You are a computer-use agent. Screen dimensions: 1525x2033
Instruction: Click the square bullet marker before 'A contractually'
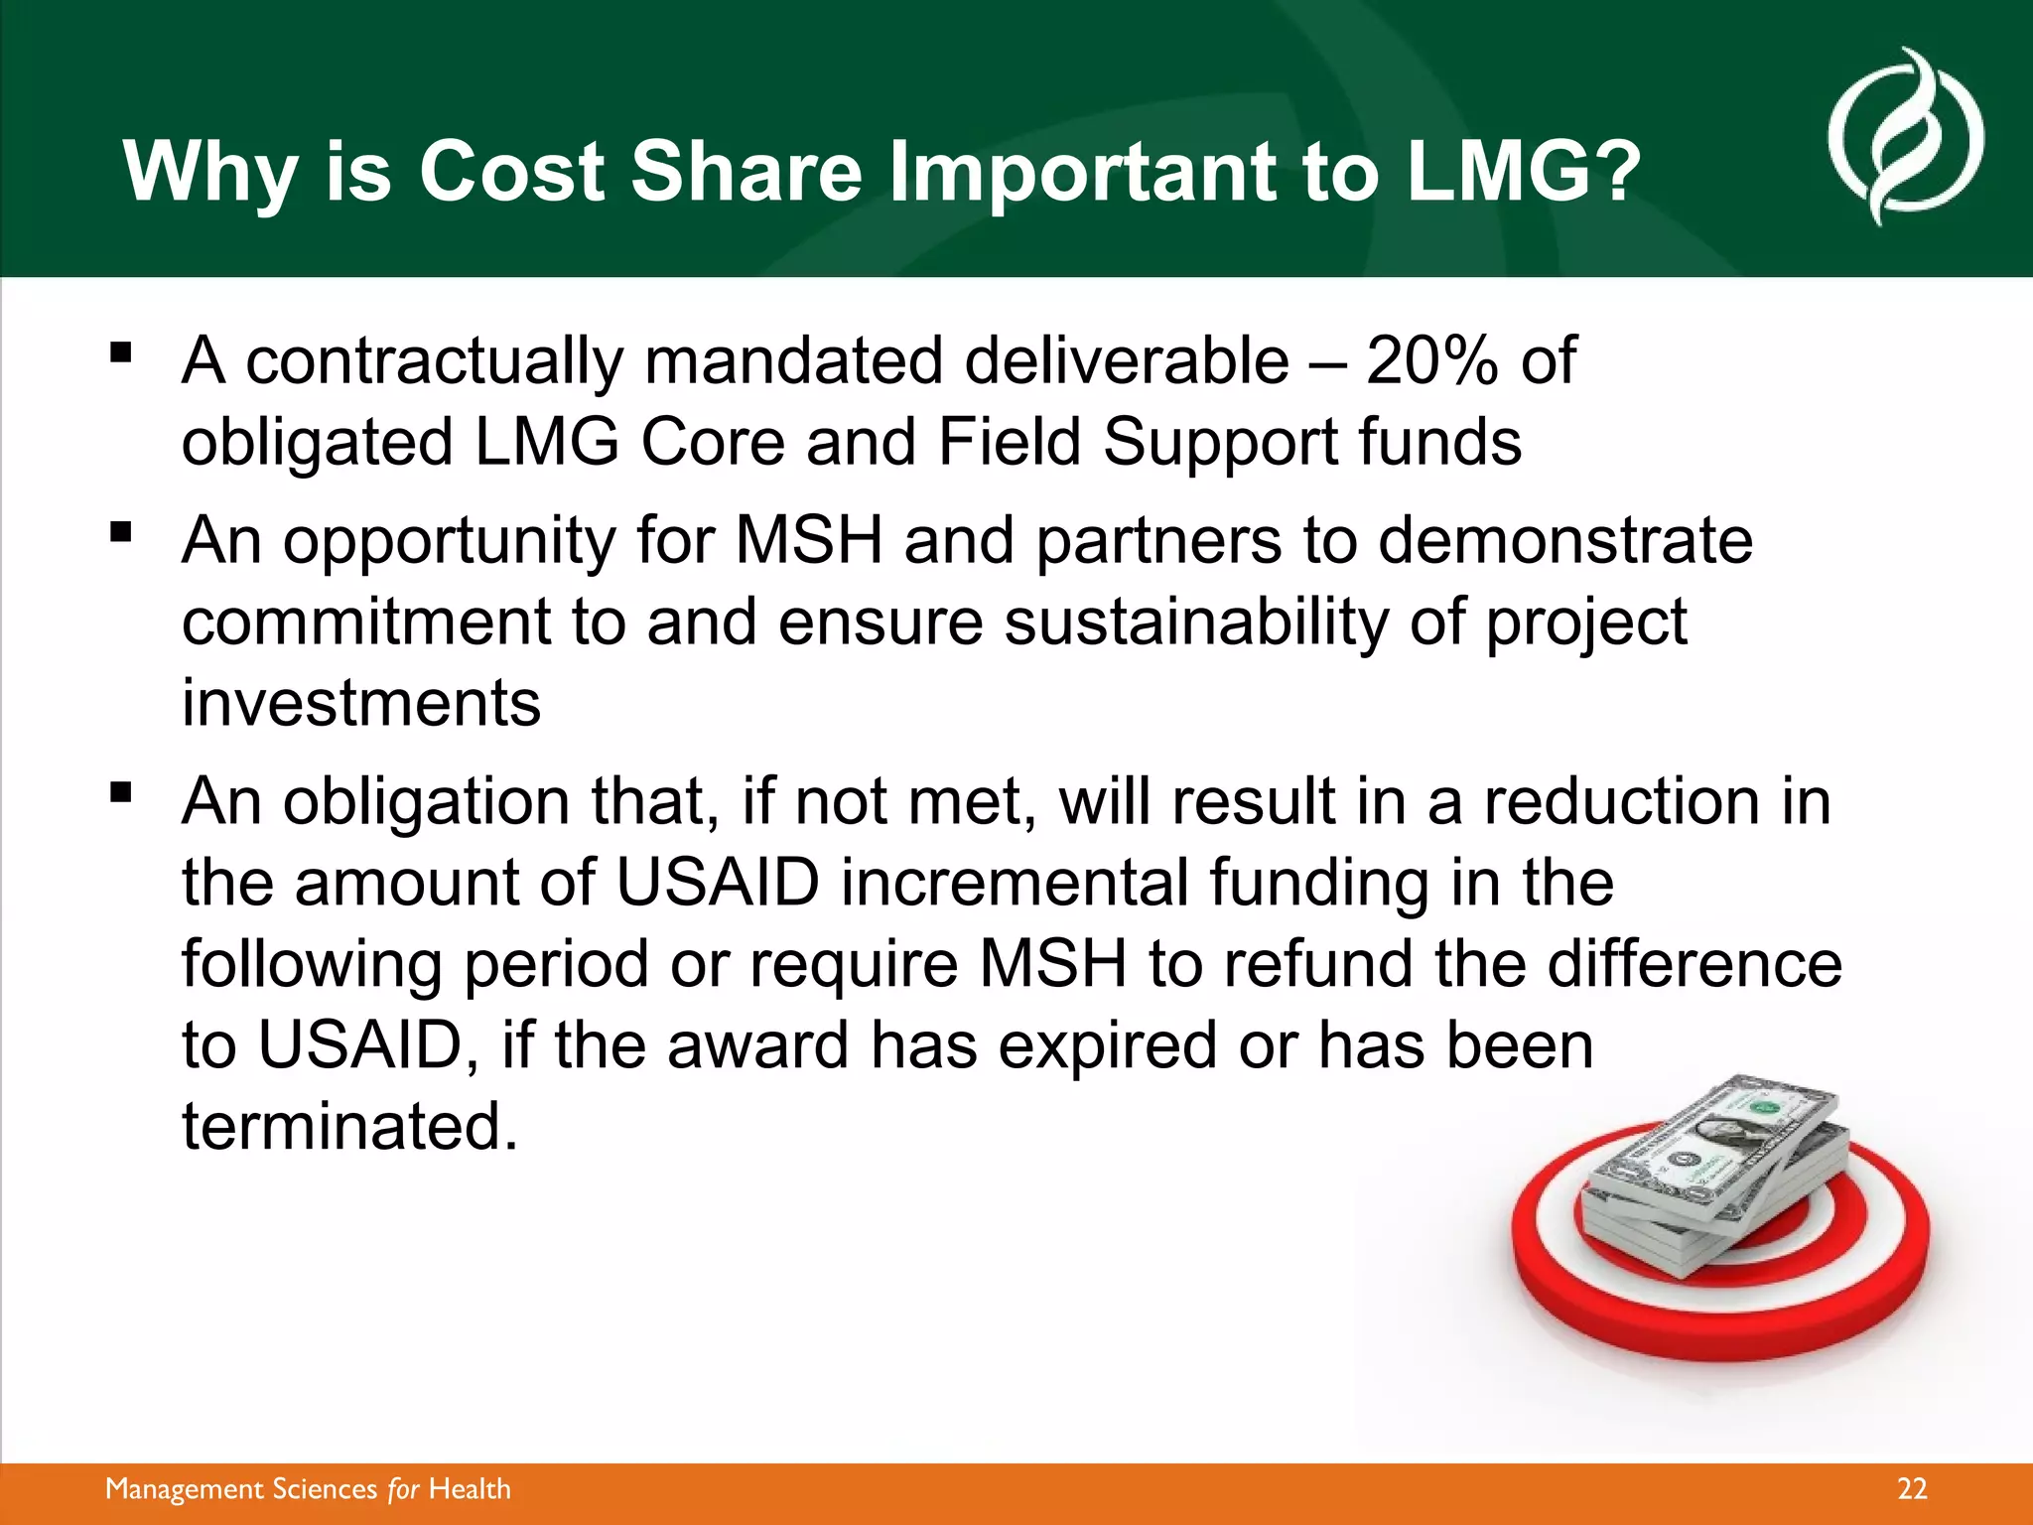(x=121, y=352)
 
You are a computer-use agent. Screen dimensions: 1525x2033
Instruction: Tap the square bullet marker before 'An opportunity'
(x=121, y=533)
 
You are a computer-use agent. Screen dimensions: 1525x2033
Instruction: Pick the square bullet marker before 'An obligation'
(x=121, y=792)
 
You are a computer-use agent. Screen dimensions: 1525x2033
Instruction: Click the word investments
(x=361, y=703)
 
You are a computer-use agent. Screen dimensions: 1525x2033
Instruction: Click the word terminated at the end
(x=349, y=1127)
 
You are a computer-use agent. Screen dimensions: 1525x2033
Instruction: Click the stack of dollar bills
(x=1717, y=1172)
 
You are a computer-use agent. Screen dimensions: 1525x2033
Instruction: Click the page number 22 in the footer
(x=1912, y=1489)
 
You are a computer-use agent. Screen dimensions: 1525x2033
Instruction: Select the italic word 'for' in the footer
(x=403, y=1489)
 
